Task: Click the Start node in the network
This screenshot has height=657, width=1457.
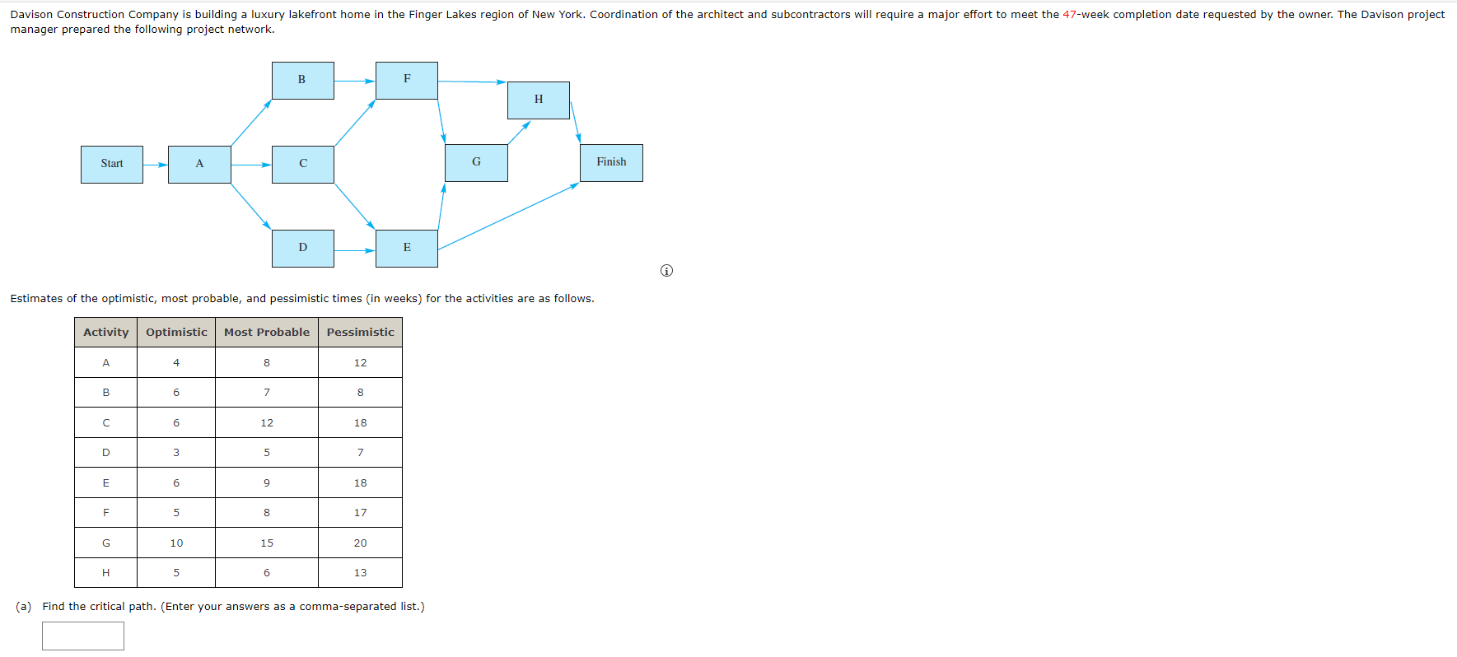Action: point(112,164)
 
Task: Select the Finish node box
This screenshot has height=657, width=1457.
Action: point(611,163)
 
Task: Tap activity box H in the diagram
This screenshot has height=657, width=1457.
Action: point(539,100)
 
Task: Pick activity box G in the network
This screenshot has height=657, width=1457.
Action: point(476,162)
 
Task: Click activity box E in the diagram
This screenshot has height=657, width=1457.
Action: point(407,248)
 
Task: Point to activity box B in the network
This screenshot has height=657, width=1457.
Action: point(302,80)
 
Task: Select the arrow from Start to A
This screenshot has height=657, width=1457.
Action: point(156,165)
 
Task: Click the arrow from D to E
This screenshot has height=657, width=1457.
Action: point(355,250)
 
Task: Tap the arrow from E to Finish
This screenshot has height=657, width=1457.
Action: point(508,217)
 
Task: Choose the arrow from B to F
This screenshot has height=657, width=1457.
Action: point(355,81)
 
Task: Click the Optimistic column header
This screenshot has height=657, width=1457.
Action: point(176,332)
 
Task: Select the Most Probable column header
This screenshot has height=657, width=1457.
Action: point(267,332)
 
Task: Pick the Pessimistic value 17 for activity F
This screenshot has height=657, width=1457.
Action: point(360,513)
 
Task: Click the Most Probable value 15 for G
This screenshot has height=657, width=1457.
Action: point(267,543)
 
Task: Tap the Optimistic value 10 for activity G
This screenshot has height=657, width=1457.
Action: point(176,543)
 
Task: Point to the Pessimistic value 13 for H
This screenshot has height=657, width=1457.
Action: point(360,573)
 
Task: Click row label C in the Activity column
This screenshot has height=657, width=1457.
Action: point(105,423)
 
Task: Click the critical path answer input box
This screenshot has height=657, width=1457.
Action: point(83,636)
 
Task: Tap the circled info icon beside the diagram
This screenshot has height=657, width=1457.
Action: point(666,271)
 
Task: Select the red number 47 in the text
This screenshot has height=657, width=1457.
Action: point(1069,15)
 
